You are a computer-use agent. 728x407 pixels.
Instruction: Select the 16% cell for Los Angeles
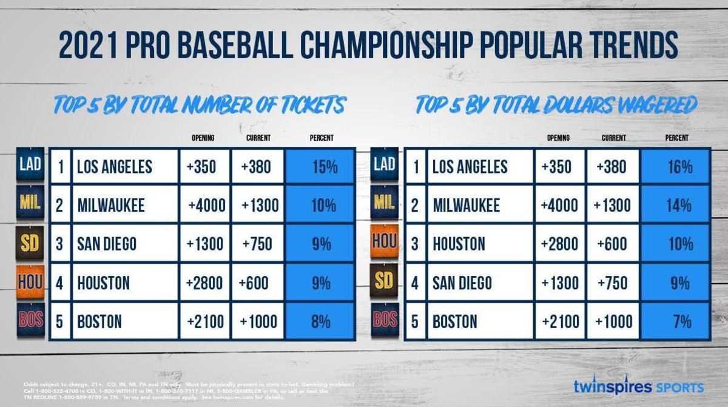pos(676,167)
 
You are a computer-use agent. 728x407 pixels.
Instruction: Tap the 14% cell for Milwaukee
pos(676,205)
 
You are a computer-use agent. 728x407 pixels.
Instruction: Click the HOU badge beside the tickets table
pos(30,283)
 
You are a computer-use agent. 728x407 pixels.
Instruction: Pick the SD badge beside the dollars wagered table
pos(384,283)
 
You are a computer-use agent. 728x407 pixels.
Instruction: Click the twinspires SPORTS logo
pos(638,386)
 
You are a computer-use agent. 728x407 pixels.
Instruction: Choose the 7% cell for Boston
pos(676,321)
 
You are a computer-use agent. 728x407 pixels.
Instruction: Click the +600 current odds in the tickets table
pos(257,283)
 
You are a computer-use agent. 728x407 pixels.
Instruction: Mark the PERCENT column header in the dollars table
pos(676,138)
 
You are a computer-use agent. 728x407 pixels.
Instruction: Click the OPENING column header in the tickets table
pos(203,138)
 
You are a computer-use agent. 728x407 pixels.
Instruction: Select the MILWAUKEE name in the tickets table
pos(111,206)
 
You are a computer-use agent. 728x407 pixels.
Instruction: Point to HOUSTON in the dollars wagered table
pos(459,244)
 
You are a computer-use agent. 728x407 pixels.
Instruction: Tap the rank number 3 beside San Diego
pos(59,244)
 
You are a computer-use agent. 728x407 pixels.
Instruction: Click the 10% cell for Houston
pos(676,244)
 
